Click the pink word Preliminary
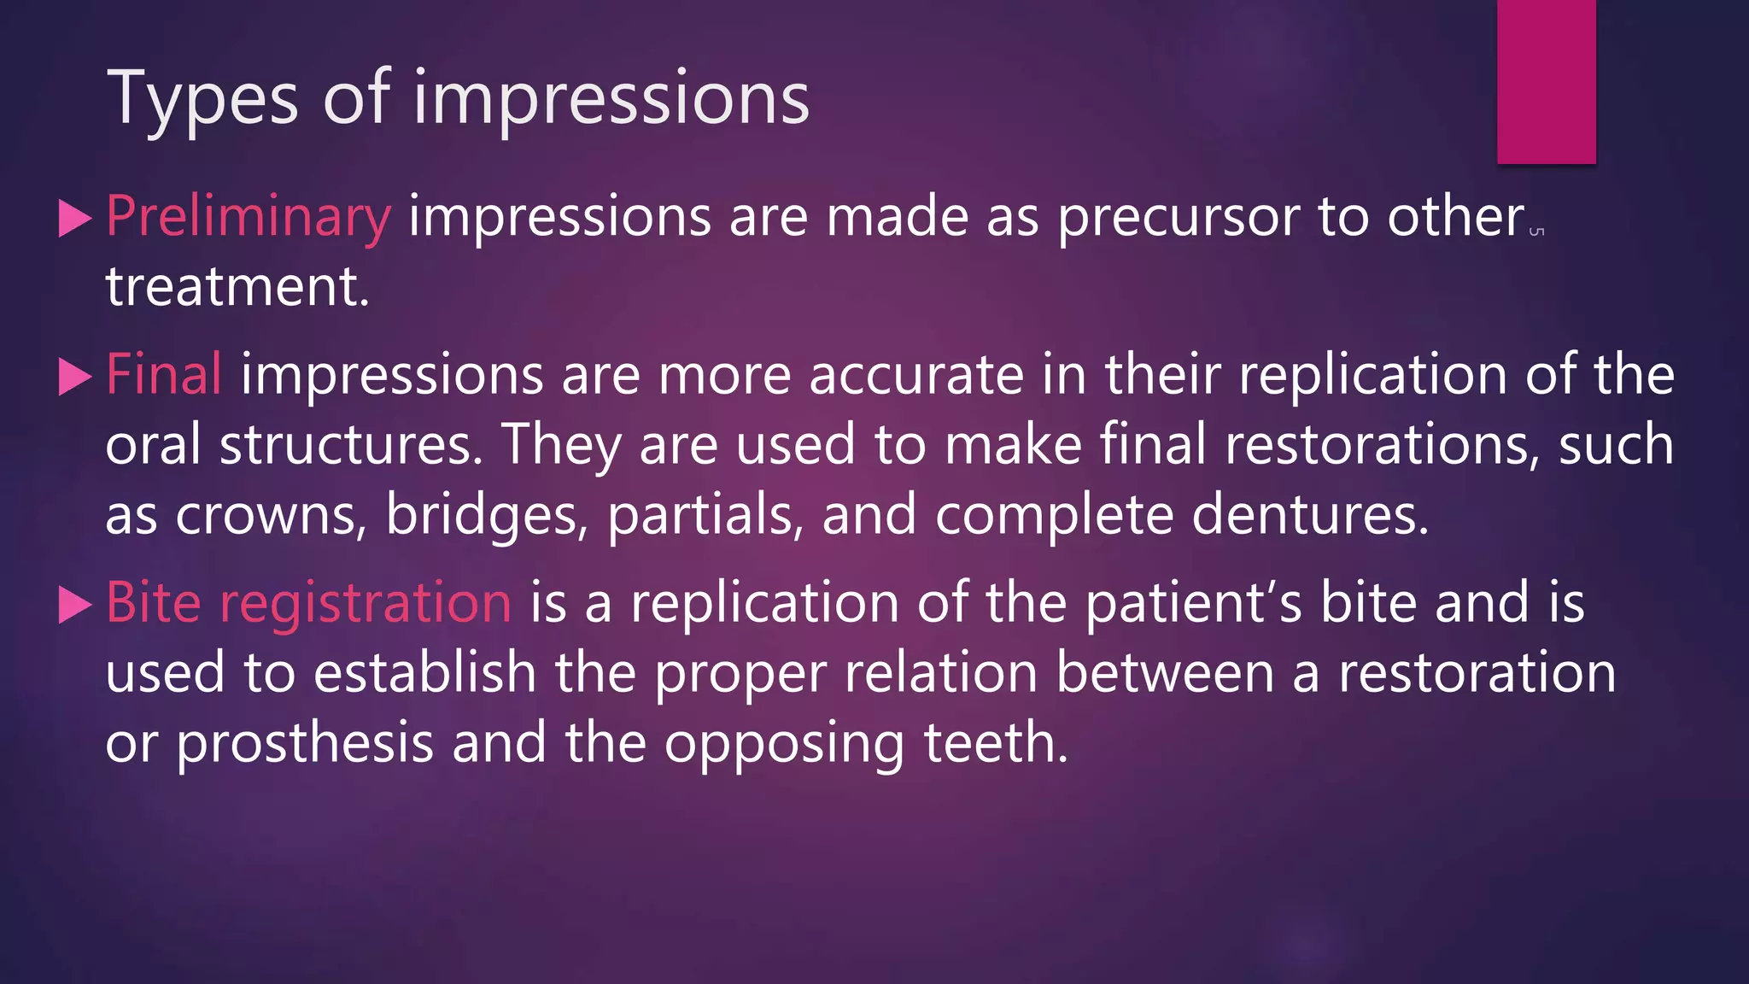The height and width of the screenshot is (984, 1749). click(249, 217)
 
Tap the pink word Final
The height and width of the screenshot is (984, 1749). click(164, 375)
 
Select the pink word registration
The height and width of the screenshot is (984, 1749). click(366, 603)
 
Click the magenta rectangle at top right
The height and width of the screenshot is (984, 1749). click(1546, 81)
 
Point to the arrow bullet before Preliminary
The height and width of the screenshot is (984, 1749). click(74, 219)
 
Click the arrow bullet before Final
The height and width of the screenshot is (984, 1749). click(74, 377)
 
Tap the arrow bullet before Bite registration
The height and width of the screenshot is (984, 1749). click(74, 605)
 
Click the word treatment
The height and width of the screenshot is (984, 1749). click(237, 287)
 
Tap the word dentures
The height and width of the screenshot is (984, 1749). click(1309, 515)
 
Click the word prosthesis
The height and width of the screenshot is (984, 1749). click(305, 743)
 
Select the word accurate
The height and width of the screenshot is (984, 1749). click(915, 375)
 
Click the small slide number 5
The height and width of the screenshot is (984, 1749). click(1536, 231)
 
